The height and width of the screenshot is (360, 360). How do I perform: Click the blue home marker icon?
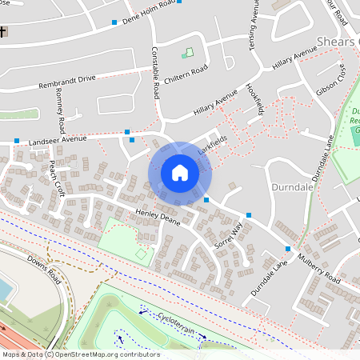coord(180,173)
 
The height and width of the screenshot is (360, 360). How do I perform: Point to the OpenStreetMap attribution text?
coord(80,354)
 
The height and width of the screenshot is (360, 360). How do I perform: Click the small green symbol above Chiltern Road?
coord(188,54)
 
